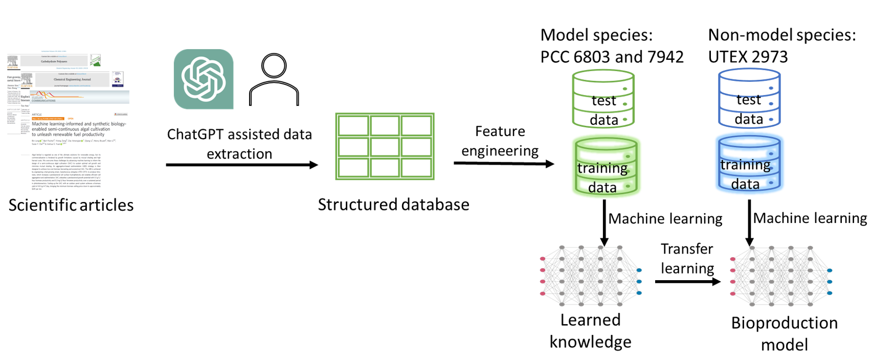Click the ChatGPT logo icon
204,79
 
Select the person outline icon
274,80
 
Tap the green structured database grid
385,146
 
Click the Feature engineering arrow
504,164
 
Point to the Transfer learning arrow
687,281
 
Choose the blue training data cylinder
750,164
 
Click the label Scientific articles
71,205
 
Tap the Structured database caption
393,205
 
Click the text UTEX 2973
748,57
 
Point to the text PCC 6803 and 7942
612,57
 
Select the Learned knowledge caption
590,331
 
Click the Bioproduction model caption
784,333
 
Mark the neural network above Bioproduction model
781,276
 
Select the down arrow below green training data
604,222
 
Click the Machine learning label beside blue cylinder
810,218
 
